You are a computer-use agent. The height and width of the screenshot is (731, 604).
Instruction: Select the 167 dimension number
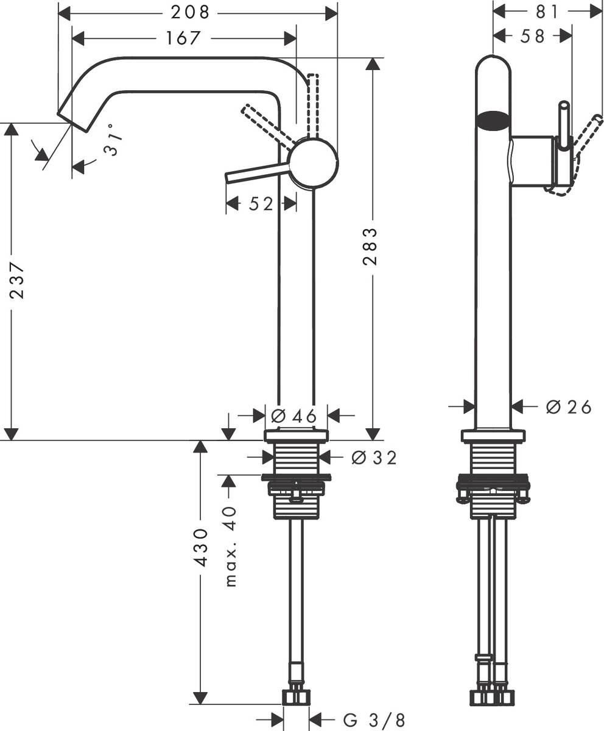[x=183, y=38]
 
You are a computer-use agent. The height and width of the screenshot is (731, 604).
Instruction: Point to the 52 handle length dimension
[x=261, y=204]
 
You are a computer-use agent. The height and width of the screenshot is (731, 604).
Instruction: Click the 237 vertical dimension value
[x=18, y=280]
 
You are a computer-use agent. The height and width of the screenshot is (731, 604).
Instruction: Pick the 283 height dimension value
[x=370, y=247]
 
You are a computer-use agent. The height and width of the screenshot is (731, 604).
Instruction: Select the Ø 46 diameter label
[x=294, y=416]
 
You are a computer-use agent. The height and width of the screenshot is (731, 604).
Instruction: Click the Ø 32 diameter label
[x=374, y=457]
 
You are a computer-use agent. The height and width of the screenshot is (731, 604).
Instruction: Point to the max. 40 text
[x=230, y=545]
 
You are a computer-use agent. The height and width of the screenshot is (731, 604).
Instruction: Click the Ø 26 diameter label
[x=568, y=407]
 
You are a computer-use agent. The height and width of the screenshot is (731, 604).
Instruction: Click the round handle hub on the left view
[x=313, y=163]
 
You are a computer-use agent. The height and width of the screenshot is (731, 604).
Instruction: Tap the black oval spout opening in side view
[x=492, y=119]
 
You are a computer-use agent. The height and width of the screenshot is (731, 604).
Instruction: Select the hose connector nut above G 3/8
[x=296, y=696]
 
